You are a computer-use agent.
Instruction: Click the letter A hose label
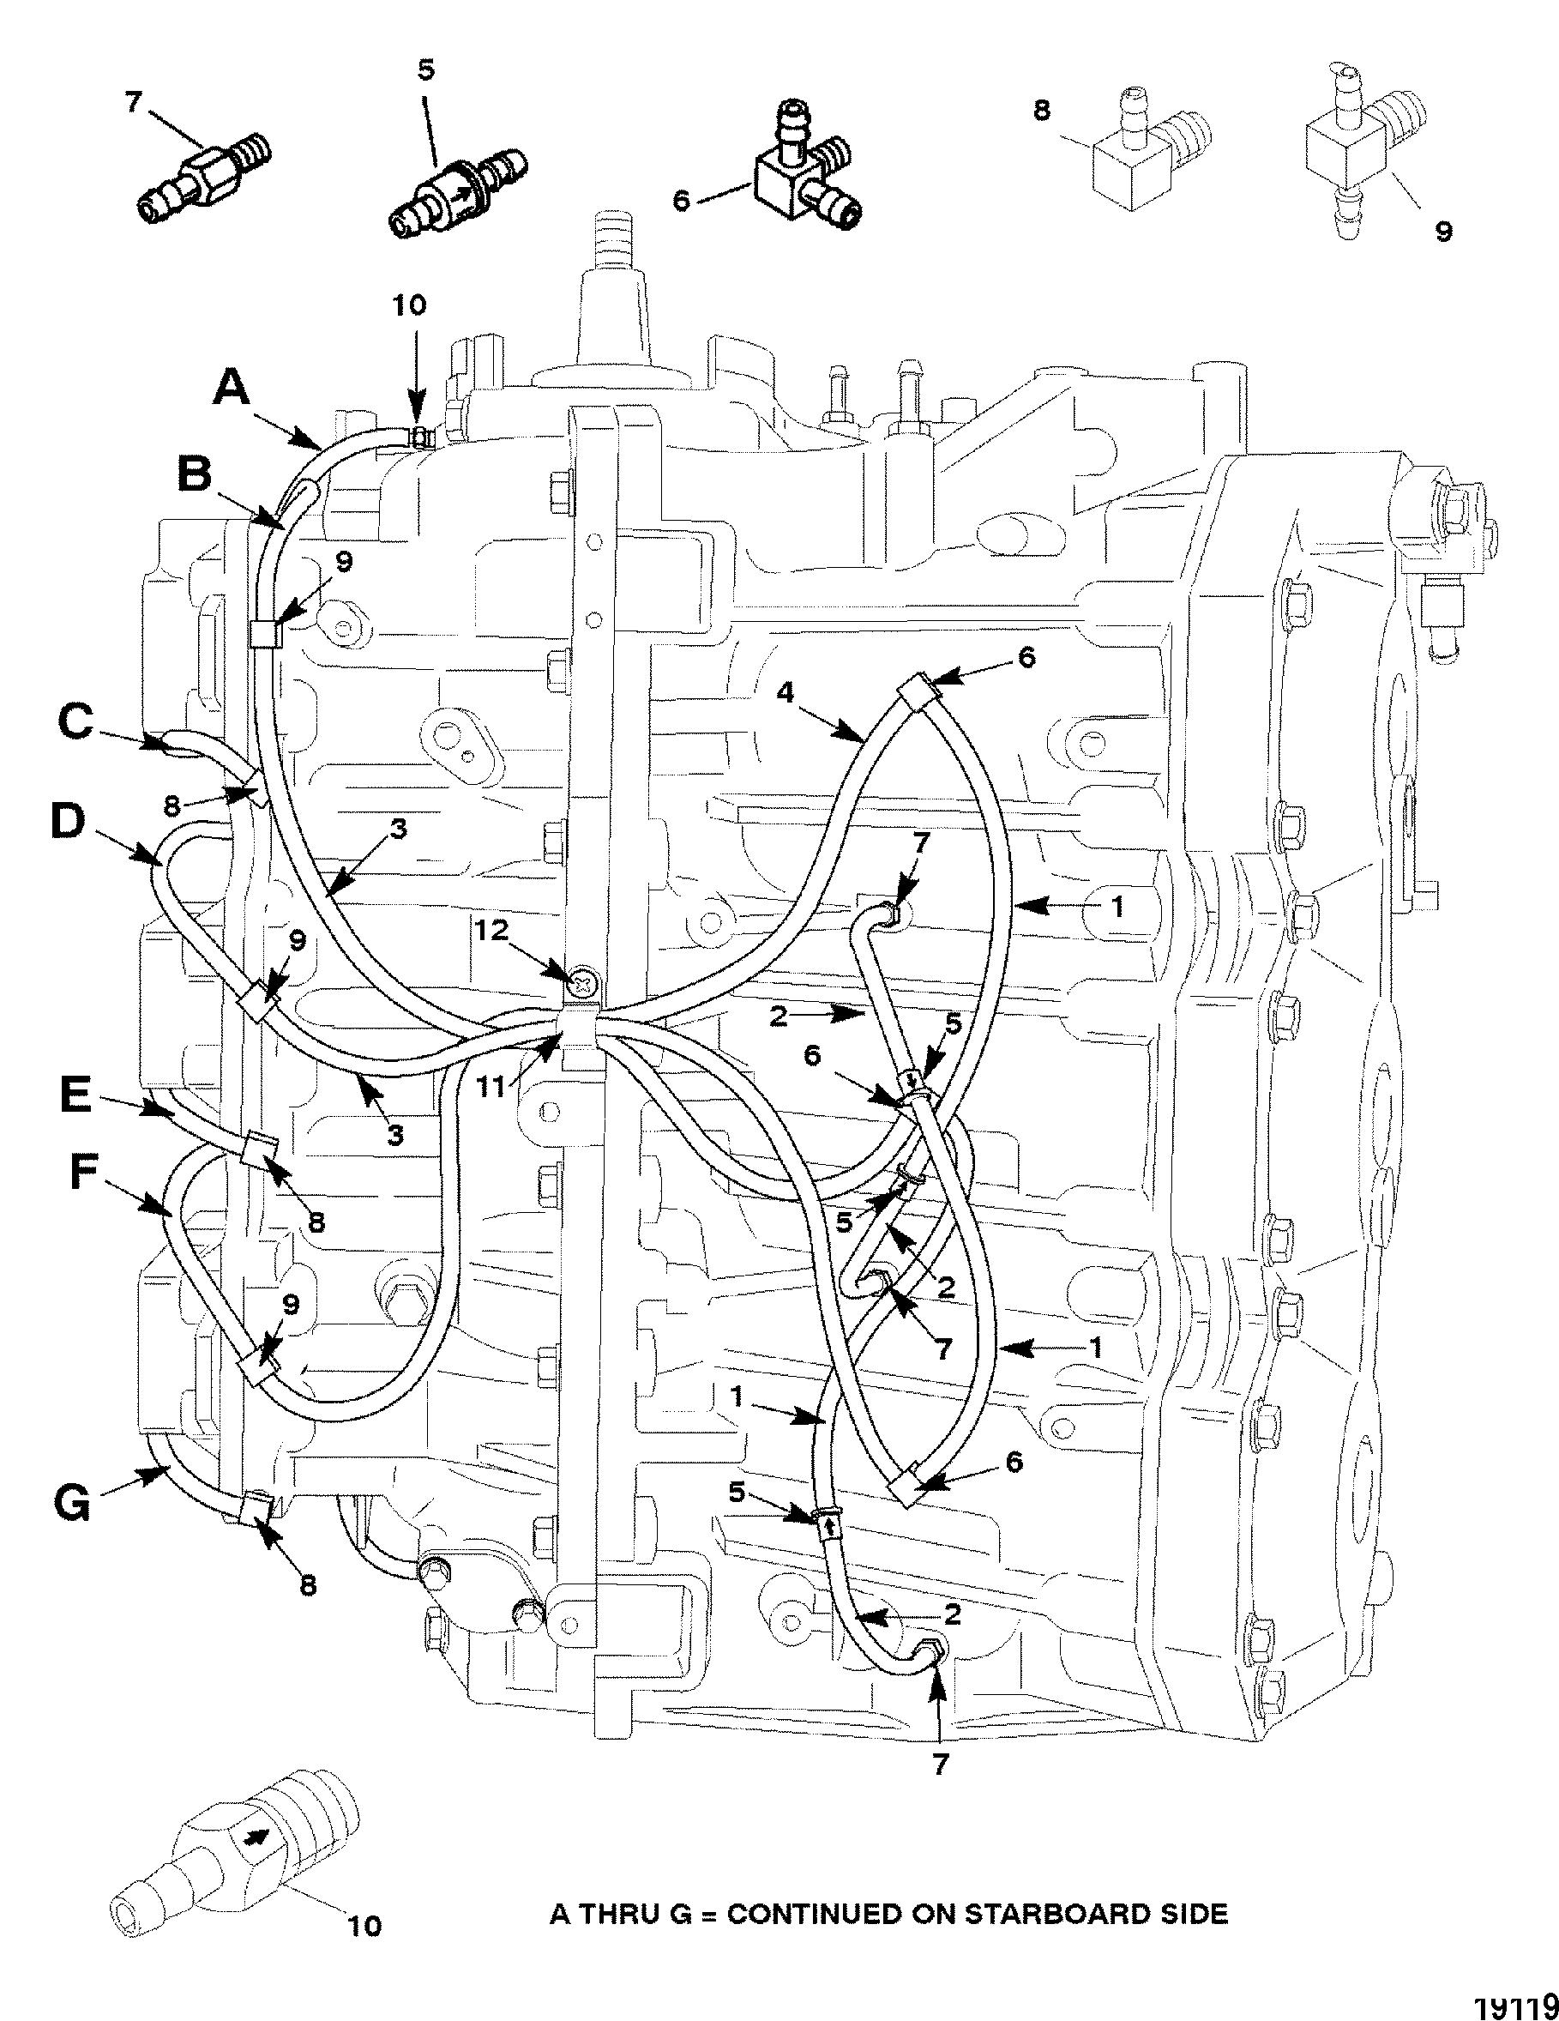pyautogui.click(x=232, y=389)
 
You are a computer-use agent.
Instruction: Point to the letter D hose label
pyautogui.click(x=67, y=822)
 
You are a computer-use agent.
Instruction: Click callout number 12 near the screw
pyautogui.click(x=493, y=930)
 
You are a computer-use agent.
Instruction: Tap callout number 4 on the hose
pyautogui.click(x=786, y=692)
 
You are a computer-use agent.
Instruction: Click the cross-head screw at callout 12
pyautogui.click(x=584, y=982)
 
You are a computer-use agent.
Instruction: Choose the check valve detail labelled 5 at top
pyautogui.click(x=457, y=190)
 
